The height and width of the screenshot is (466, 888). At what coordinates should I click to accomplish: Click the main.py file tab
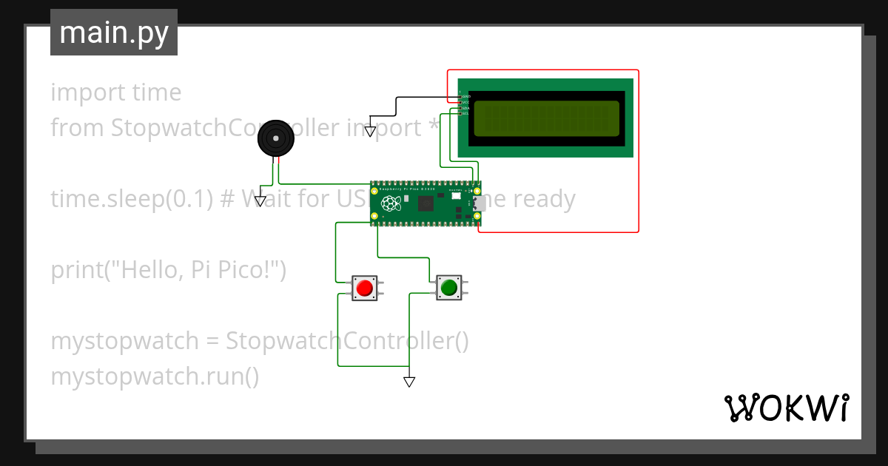tap(113, 33)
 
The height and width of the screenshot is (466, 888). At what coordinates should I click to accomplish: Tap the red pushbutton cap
tap(363, 287)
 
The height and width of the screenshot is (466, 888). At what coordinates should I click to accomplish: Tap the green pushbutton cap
tap(448, 286)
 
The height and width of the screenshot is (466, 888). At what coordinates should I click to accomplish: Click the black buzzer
tap(275, 138)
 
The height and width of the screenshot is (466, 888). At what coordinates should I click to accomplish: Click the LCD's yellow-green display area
tap(546, 118)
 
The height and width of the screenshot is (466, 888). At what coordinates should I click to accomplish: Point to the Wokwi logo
tap(785, 408)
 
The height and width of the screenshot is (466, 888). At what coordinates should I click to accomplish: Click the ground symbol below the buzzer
tap(260, 200)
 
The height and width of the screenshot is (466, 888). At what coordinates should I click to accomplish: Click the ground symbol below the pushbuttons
tap(409, 382)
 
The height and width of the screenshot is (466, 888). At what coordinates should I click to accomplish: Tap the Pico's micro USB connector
tap(479, 203)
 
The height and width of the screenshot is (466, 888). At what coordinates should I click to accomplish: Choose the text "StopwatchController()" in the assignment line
tap(347, 341)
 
